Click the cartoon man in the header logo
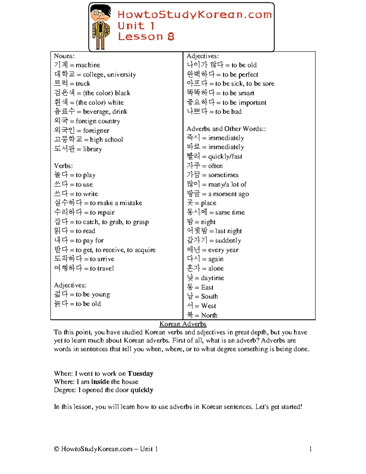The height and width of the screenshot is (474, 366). (101, 27)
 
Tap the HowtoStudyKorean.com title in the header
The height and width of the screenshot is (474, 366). (194, 15)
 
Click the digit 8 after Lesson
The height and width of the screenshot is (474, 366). (171, 37)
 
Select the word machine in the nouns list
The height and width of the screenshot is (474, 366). (88, 65)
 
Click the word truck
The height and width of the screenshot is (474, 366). (83, 84)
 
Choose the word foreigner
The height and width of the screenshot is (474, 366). (96, 131)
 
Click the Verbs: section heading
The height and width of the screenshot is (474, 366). (63, 166)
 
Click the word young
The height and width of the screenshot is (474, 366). (101, 295)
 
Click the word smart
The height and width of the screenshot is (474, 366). (246, 93)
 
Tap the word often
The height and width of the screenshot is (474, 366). (215, 166)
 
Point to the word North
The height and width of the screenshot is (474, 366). (209, 315)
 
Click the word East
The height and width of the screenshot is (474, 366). (207, 287)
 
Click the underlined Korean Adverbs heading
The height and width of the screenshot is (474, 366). (183, 324)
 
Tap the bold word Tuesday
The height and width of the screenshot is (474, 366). (140, 374)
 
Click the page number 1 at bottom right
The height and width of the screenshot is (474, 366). (310, 449)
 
